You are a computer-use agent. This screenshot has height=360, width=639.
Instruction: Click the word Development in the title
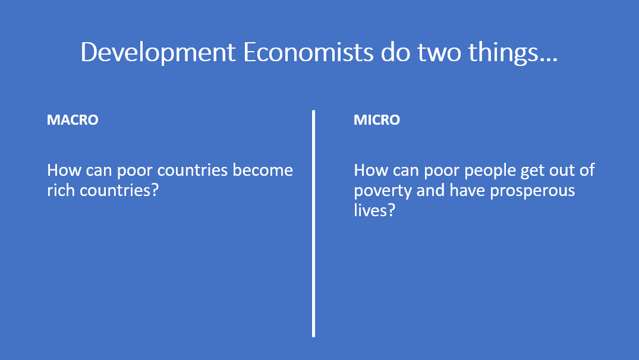159,53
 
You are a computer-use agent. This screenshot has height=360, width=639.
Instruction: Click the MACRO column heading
73,120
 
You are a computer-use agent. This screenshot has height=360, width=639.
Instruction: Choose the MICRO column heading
377,120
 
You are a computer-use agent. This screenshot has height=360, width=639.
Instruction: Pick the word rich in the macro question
60,191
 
